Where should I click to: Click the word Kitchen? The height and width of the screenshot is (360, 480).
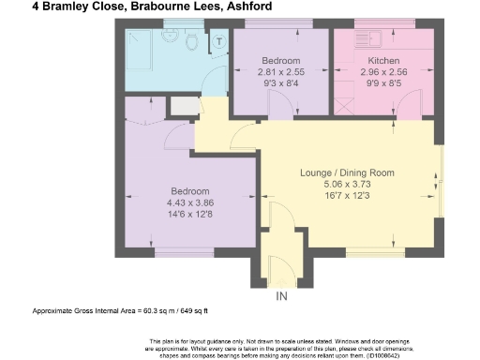[377, 61]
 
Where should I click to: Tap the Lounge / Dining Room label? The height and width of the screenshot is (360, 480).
[347, 173]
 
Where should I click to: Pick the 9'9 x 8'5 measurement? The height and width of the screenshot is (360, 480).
[377, 83]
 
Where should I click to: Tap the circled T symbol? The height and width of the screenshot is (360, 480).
[218, 41]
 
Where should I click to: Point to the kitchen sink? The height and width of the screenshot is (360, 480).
[376, 40]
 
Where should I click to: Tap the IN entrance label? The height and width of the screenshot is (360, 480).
[280, 297]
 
